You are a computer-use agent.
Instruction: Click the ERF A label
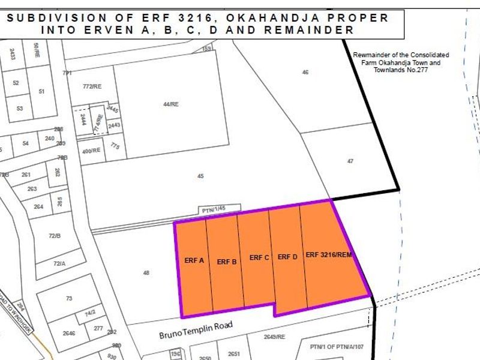pos(194,260)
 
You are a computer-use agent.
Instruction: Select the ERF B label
pos(227,262)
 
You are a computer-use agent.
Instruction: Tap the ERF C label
pos(259,257)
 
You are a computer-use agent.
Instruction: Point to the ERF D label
pos(288,257)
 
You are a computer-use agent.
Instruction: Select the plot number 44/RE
pos(171,104)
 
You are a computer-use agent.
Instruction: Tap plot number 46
pos(305,72)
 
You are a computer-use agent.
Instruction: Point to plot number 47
pos(350,161)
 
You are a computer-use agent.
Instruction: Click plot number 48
pos(146,274)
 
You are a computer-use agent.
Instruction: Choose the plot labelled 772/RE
pos(92,87)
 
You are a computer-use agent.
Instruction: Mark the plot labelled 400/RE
pos(92,151)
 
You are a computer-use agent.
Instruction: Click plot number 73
pos(69,298)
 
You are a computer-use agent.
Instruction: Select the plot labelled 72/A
pos(59,263)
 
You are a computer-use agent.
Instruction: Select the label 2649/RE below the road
pos(274,337)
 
